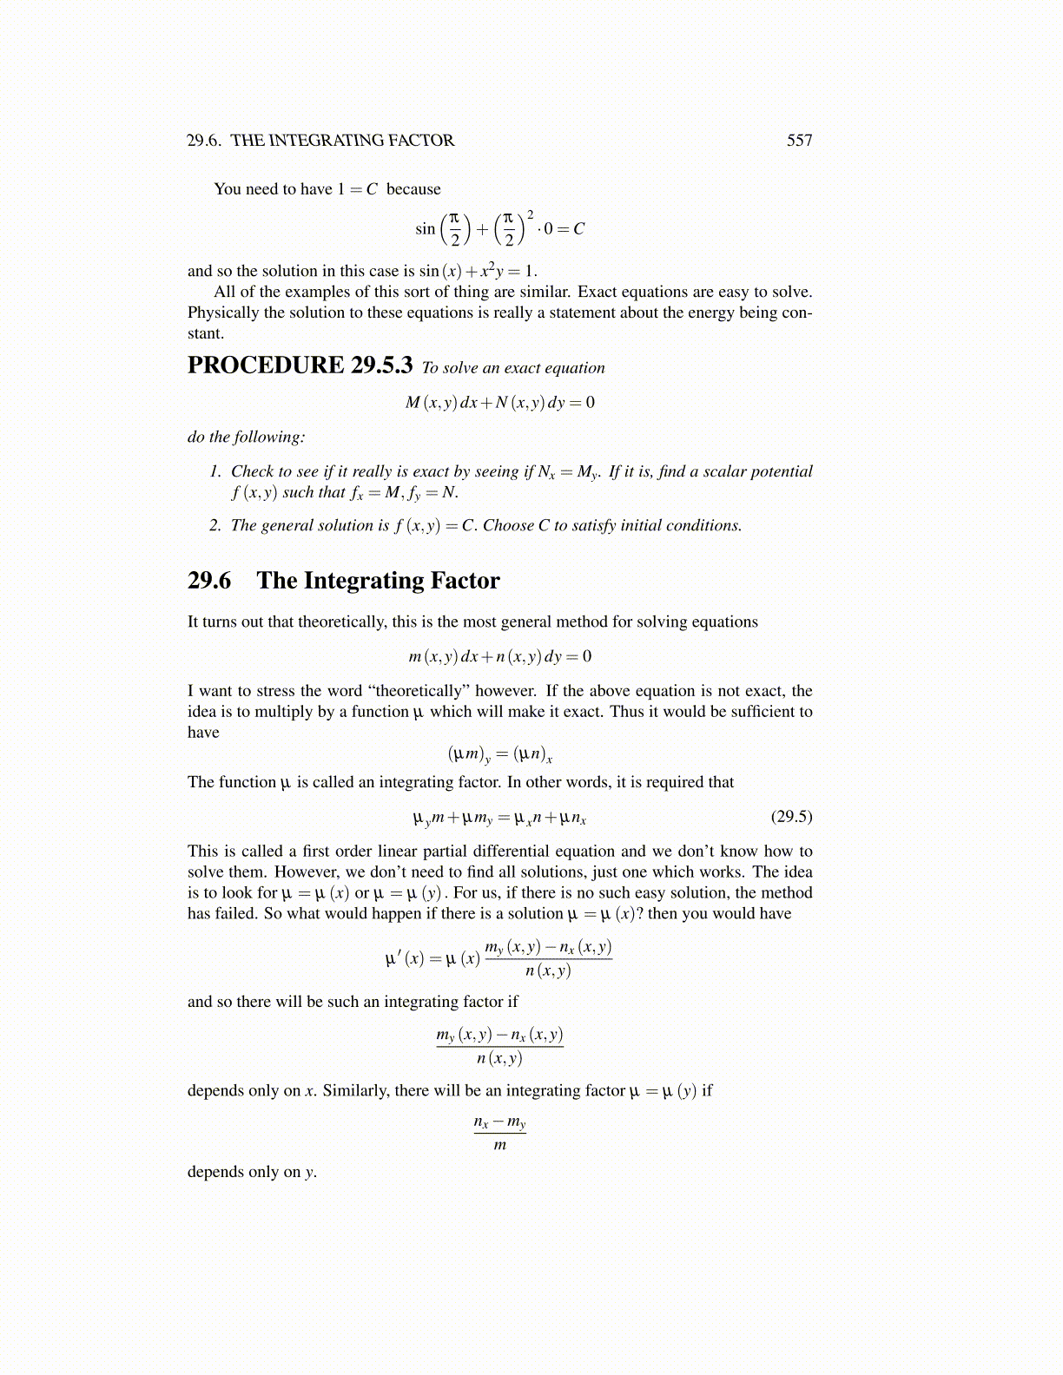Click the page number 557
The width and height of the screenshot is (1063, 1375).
tap(799, 141)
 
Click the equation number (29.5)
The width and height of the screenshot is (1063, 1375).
tap(791, 817)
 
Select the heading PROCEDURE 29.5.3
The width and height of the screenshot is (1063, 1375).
tap(300, 365)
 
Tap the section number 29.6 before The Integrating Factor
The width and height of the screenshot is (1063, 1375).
tap(209, 581)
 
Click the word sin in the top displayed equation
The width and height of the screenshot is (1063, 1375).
tap(425, 229)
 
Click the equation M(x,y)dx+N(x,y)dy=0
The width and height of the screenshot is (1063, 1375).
tap(500, 403)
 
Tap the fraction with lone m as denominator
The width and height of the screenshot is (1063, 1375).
tap(499, 1133)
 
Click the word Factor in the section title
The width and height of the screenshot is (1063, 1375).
tap(465, 581)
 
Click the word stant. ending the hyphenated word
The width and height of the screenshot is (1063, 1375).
tap(205, 333)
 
